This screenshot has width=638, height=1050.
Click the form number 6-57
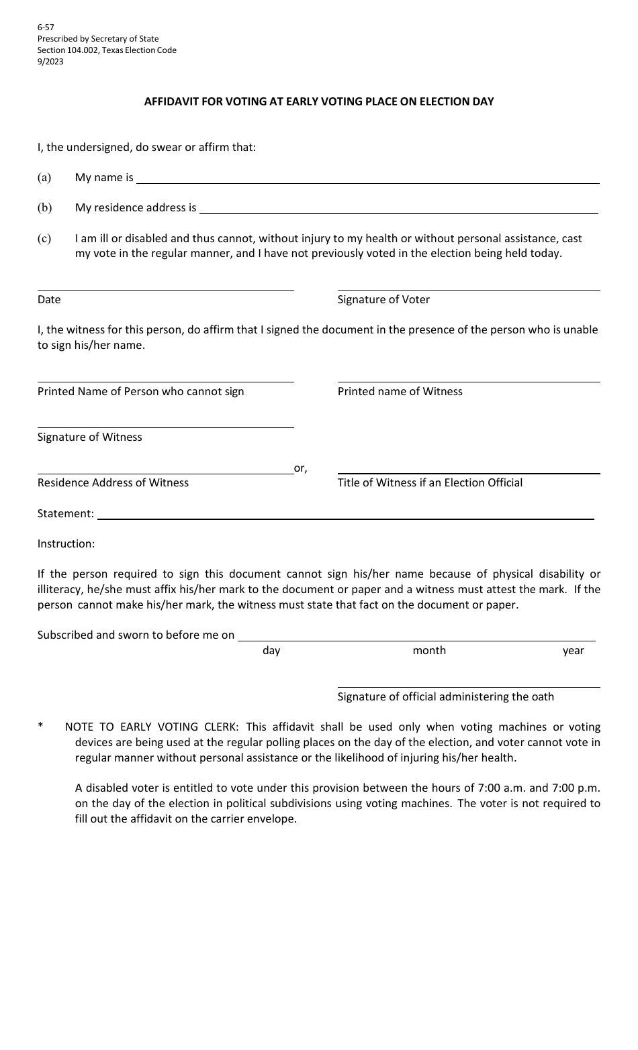pos(46,28)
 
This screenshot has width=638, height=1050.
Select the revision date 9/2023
pos(50,62)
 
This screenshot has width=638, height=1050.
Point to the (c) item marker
pos(44,238)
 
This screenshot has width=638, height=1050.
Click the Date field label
pos(49,300)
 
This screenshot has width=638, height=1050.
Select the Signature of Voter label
pos(383,300)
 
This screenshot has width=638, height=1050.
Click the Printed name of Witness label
pos(400,392)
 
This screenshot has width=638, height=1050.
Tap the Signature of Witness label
pos(90,437)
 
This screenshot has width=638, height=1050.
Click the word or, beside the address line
pos(300,468)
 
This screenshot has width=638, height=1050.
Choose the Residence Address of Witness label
pos(113,483)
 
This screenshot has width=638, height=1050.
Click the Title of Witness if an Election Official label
pos(430,483)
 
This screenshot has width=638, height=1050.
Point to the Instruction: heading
pos(66,544)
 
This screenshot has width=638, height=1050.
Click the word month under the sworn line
pos(429,651)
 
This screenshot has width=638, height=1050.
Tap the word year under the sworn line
pos(573,651)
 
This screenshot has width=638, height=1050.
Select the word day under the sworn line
pos(271,651)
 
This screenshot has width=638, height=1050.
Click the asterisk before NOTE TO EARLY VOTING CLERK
pos(41,727)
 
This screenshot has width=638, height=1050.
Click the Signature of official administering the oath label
pos(445,697)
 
